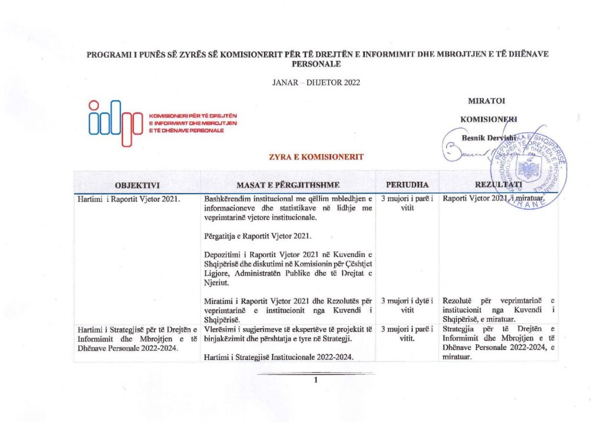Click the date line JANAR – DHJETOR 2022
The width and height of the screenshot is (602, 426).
coord(316,82)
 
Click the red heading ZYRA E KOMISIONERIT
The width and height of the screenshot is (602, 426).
coord(316,157)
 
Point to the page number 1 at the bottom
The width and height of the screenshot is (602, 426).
coord(316,380)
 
